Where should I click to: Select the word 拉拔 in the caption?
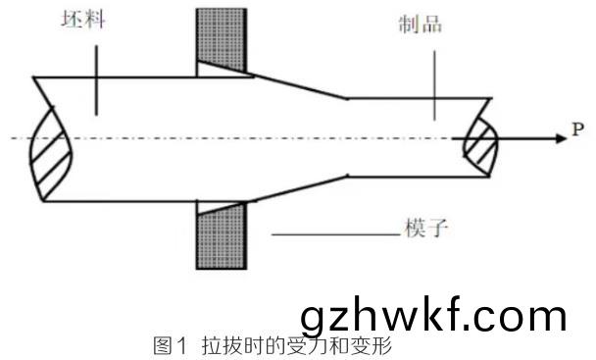click(x=221, y=346)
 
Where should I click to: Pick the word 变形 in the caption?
click(x=373, y=346)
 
